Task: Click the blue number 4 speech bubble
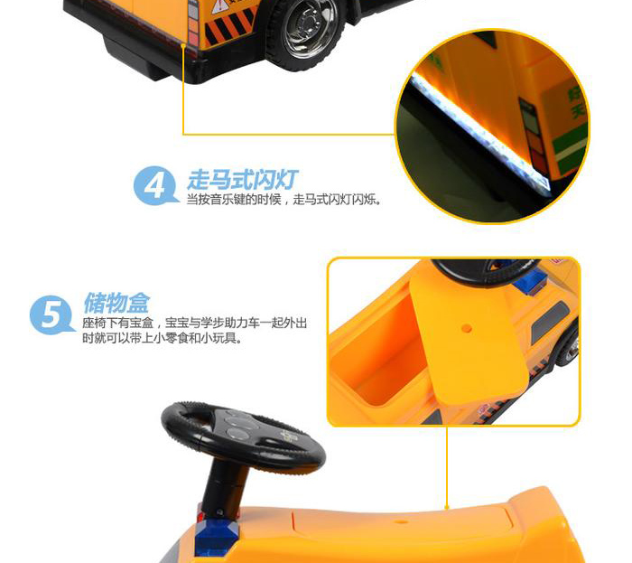coord(155,186)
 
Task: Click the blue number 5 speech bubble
coord(51,315)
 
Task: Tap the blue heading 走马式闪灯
coord(243,180)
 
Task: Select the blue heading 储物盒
coord(116,303)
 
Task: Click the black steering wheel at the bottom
coord(243,435)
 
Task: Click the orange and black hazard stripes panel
coord(229,27)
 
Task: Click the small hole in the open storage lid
coord(467,328)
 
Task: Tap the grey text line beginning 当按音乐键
coord(283,199)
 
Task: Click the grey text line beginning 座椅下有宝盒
coord(195,323)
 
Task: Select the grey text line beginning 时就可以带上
coord(163,338)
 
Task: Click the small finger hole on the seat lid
coord(401,521)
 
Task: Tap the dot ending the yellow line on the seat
coord(447,507)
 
